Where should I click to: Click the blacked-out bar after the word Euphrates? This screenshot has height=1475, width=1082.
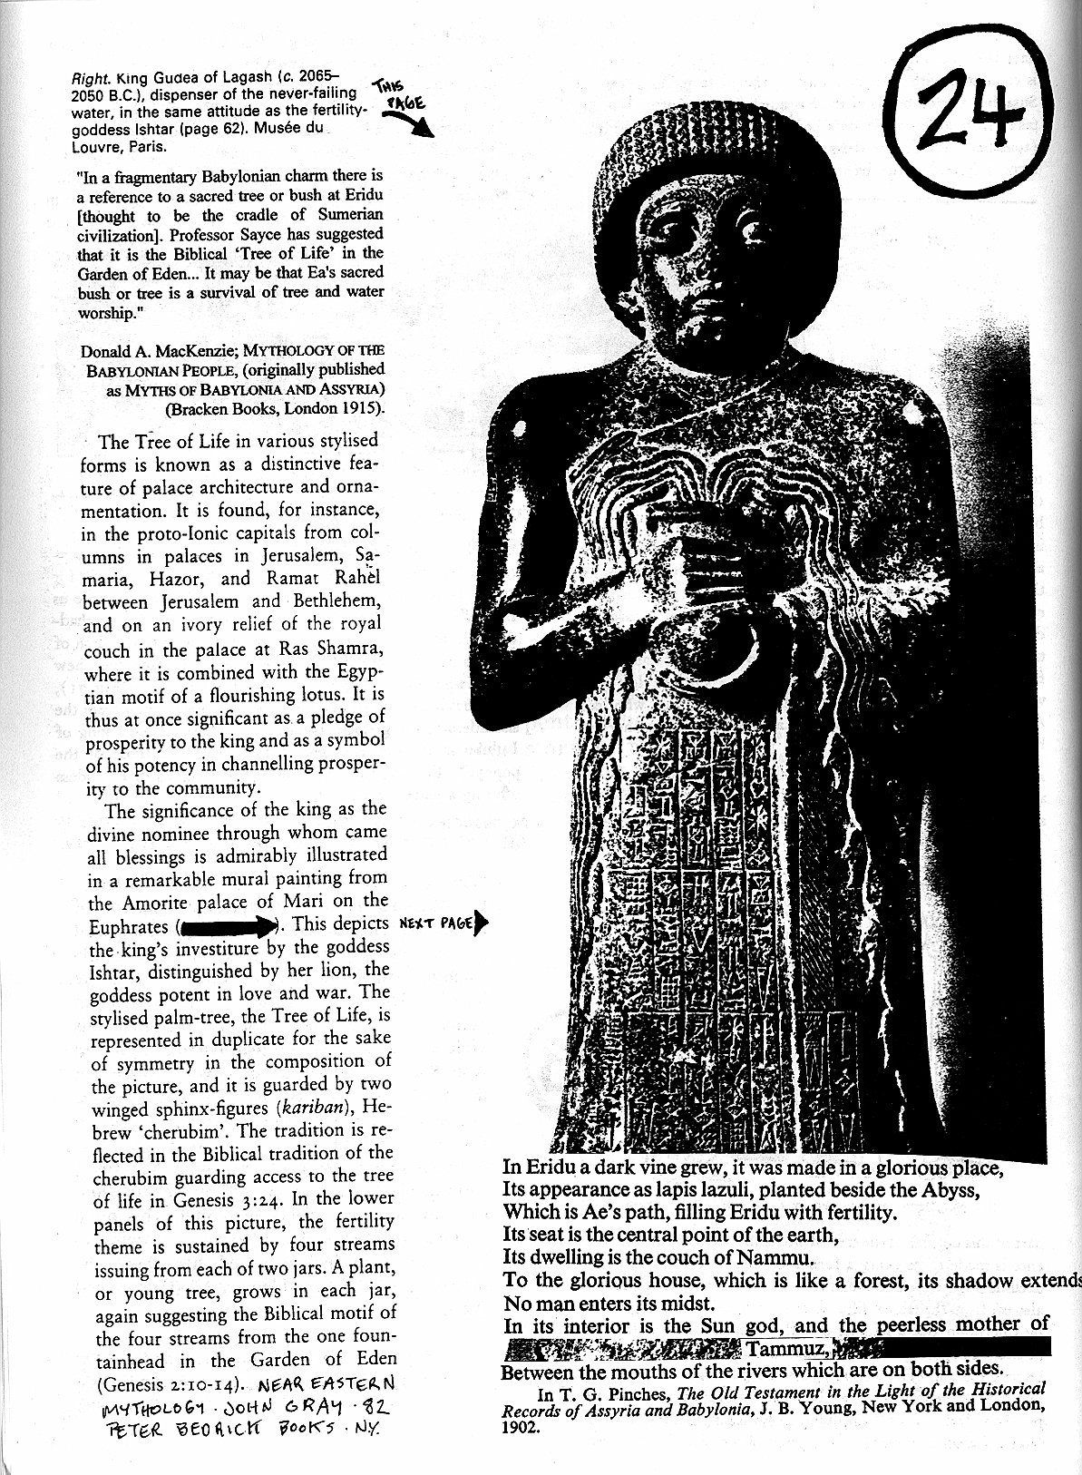coord(230,926)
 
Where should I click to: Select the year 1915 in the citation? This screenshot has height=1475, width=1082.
coord(360,407)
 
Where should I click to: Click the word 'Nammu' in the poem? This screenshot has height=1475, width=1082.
coord(782,1258)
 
